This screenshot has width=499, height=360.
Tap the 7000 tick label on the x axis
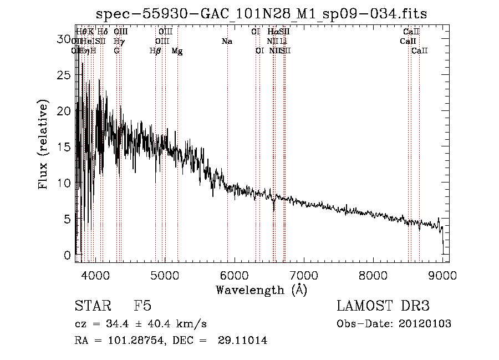tap(303, 275)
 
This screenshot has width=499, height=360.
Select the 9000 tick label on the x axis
tap(442, 275)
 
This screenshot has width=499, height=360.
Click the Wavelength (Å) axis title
tap(261, 290)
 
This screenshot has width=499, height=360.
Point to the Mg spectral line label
tap(177, 50)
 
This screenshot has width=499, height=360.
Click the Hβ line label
tap(155, 50)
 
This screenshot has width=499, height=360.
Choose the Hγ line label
tap(119, 41)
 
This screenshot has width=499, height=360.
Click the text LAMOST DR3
tap(383, 306)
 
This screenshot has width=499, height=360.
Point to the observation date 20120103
tap(424, 324)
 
